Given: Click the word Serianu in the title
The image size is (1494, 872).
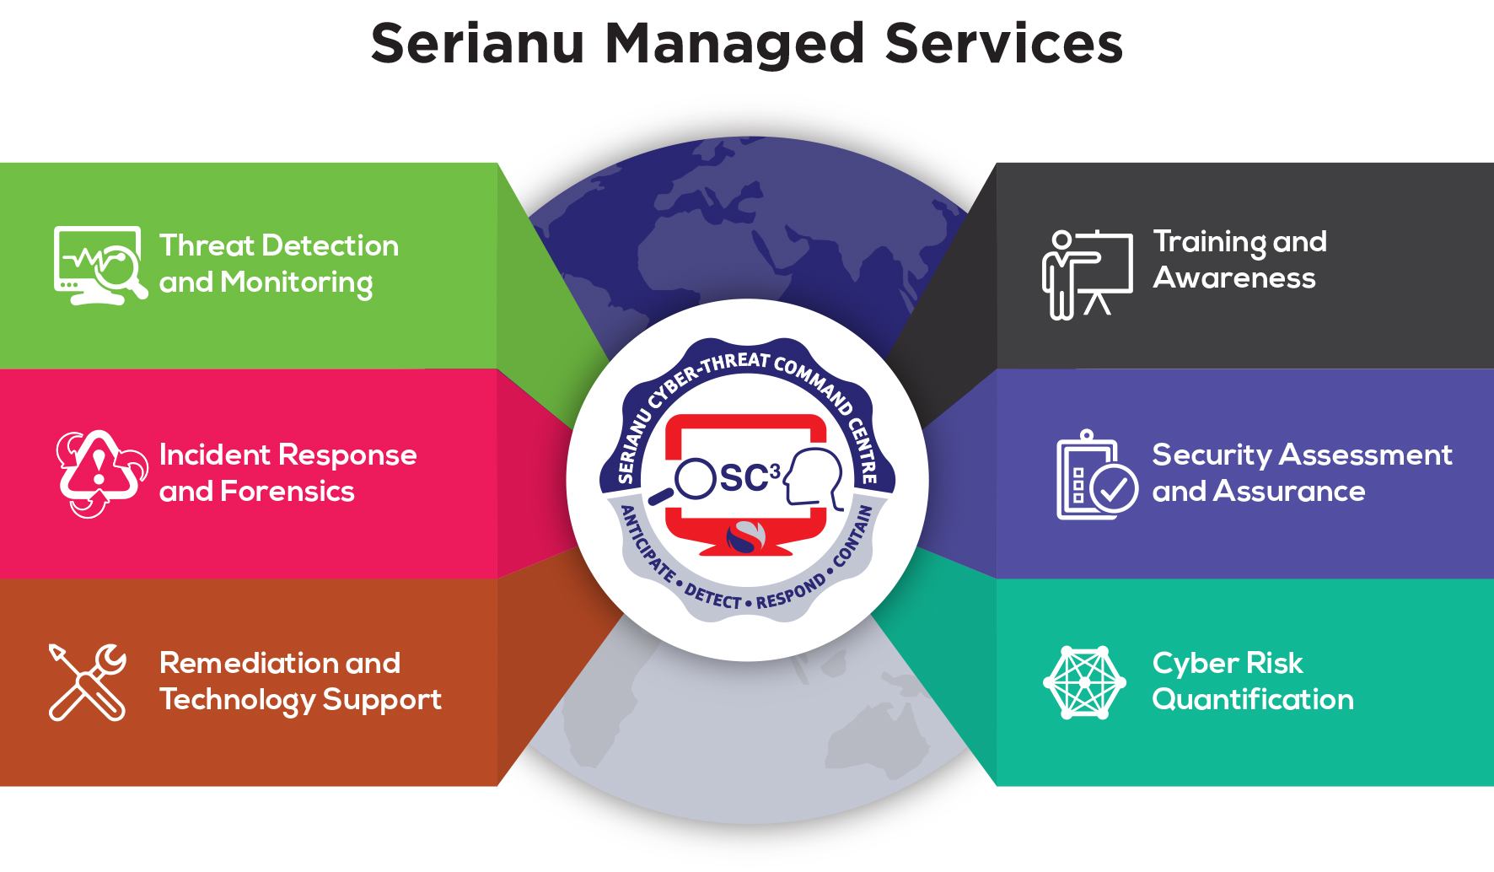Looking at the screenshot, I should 477,44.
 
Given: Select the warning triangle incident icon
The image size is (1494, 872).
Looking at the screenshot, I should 99,472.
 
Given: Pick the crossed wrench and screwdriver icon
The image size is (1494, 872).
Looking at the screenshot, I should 87,682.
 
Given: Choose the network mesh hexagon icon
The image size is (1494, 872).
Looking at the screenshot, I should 1084,682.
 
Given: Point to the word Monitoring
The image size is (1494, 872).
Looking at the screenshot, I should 296,283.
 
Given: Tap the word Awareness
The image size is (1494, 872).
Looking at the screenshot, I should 1234,278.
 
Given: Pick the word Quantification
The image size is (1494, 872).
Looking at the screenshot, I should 1253,700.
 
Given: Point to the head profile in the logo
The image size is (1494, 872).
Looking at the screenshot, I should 814,477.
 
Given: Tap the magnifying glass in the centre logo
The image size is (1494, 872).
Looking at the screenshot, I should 690,481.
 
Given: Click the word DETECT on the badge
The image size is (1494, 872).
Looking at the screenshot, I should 712,597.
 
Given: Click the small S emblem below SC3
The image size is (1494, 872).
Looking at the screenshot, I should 745,537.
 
